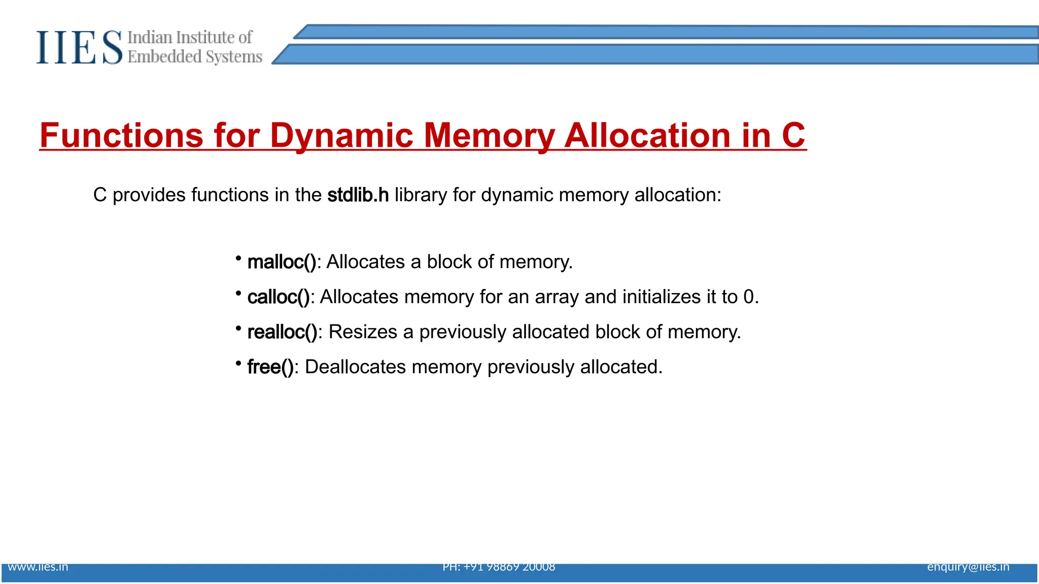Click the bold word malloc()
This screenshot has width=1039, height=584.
282,262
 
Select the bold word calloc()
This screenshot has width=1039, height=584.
279,297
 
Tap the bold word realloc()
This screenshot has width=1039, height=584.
282,332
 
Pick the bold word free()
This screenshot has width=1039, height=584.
270,367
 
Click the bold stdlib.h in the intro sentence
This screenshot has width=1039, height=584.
358,195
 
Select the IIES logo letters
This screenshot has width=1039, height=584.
79,47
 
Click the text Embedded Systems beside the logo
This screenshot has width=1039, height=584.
195,57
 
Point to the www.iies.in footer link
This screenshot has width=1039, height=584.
38,567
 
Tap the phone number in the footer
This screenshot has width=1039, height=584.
499,567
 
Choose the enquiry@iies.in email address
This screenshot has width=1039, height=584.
968,567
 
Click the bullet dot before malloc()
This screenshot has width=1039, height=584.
238,259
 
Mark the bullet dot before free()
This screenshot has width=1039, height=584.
238,363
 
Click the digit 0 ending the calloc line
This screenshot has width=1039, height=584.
748,297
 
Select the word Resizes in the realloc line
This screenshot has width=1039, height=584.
363,332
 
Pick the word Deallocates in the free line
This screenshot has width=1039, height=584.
355,367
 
